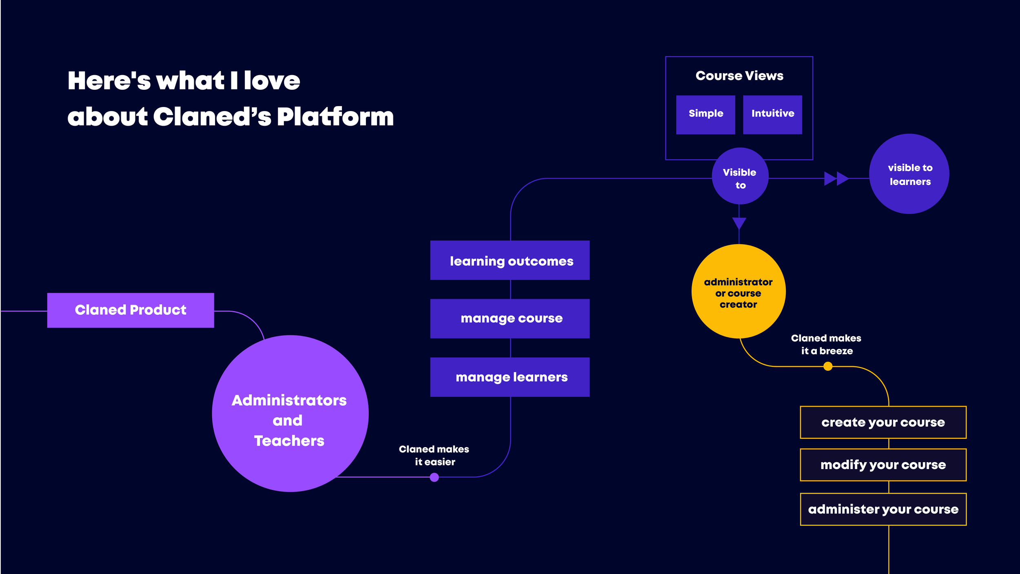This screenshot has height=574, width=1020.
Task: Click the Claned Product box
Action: click(131, 310)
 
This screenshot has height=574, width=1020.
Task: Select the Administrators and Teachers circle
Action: click(290, 413)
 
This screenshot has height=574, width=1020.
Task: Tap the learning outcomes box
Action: click(510, 260)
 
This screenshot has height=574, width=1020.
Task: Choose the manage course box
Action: click(510, 318)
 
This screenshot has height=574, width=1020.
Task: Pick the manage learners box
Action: click(510, 377)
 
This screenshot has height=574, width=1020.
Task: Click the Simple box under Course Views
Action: click(705, 114)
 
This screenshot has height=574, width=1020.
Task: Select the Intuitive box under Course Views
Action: click(772, 114)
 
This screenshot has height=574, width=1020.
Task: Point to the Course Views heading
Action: click(739, 76)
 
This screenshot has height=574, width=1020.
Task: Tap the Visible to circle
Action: click(740, 176)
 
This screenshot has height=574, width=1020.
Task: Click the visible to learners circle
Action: click(909, 174)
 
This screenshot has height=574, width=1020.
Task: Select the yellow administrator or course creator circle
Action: click(738, 291)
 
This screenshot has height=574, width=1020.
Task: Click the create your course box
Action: click(883, 423)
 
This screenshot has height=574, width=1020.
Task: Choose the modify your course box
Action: click(883, 465)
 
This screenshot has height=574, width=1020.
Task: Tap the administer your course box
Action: click(883, 509)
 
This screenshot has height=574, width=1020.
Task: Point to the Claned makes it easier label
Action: click(434, 456)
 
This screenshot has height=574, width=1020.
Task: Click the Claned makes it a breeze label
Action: click(826, 345)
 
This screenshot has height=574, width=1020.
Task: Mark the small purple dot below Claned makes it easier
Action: click(434, 477)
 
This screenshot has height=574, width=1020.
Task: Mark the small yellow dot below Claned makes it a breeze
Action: click(828, 367)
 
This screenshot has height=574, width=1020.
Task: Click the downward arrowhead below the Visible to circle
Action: click(739, 223)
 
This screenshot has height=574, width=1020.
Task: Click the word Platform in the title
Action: click(335, 117)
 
